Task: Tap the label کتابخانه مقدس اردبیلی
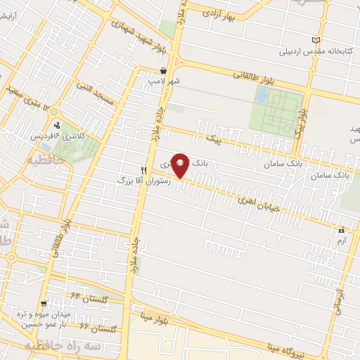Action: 282,51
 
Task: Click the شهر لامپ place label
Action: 163,82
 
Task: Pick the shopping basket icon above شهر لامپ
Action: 163,71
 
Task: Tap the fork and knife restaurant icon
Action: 143,169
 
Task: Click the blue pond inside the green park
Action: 261,96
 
